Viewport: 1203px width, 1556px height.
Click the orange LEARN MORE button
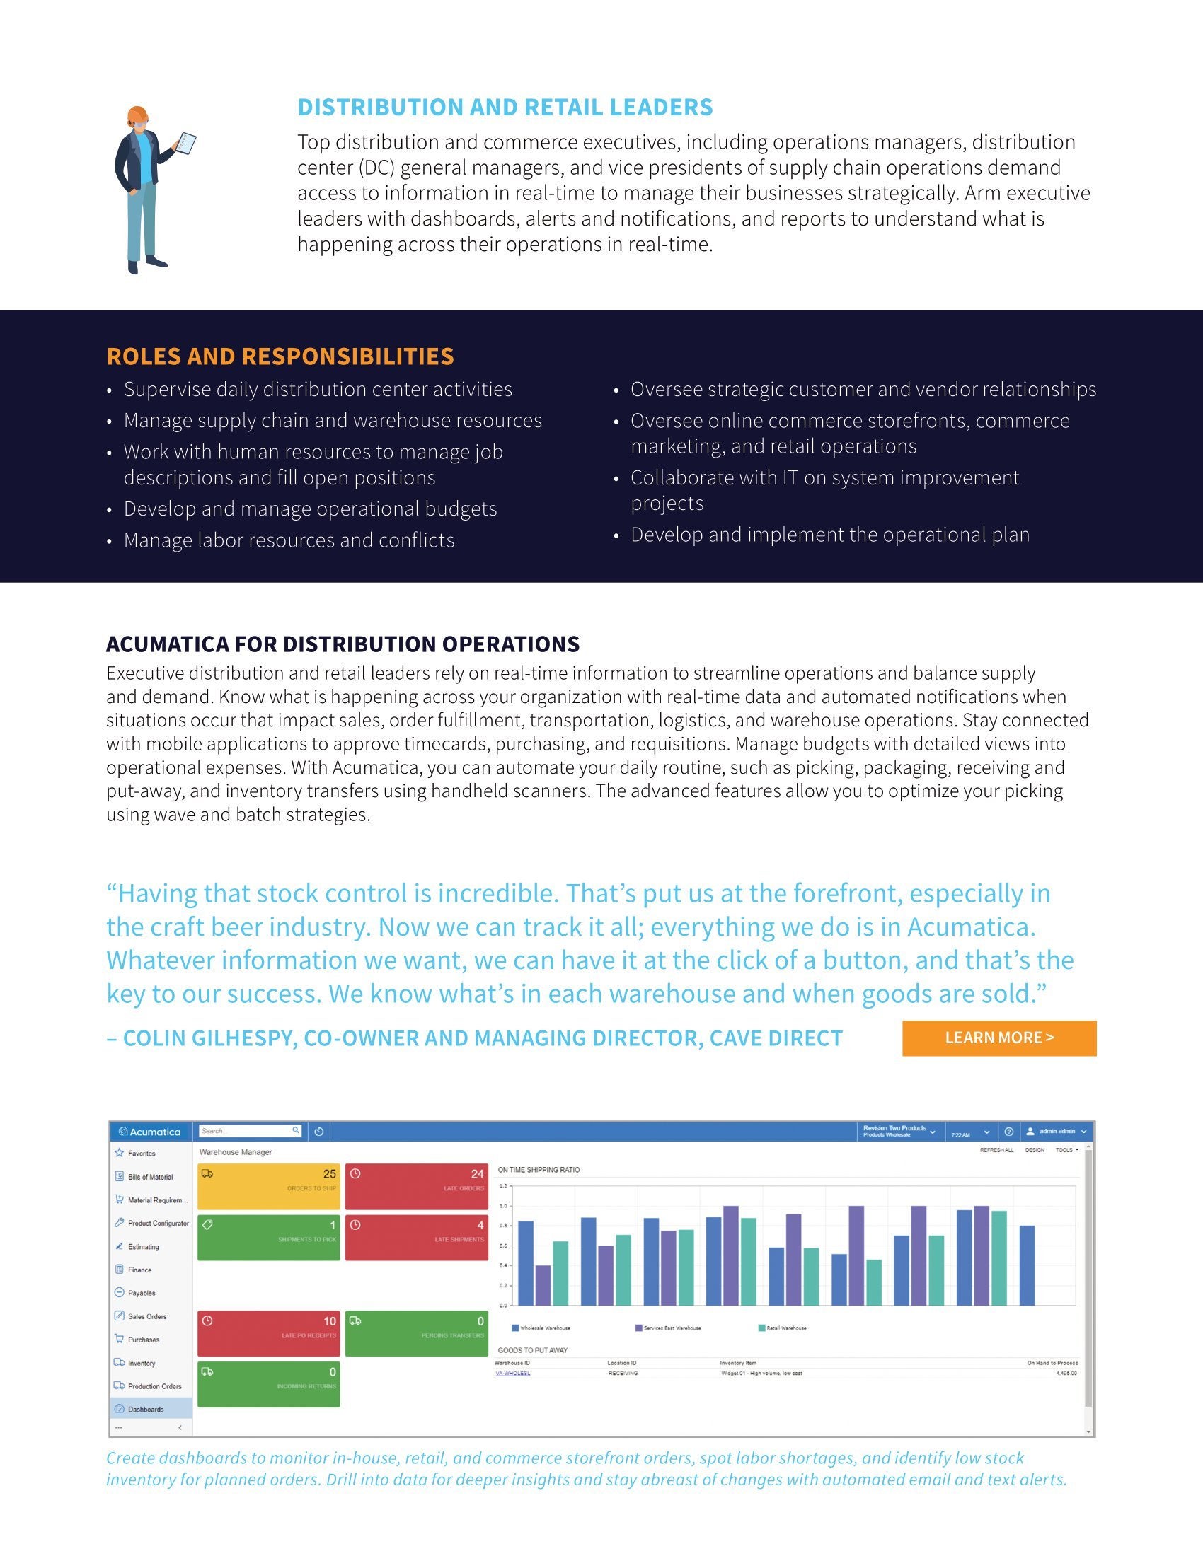click(x=998, y=1038)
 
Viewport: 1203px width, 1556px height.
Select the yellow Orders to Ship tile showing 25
click(x=269, y=1186)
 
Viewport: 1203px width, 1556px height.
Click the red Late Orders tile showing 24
click(x=416, y=1186)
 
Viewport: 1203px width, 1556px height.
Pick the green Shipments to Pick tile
click(x=269, y=1238)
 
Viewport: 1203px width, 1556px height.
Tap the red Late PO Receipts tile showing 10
click(x=269, y=1333)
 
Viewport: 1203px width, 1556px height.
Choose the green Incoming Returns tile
click(x=269, y=1384)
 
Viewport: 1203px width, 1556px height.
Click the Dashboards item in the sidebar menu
click(x=145, y=1409)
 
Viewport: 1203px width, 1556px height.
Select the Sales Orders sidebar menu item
click(x=146, y=1316)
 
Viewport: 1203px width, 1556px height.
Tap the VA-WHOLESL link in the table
click(x=512, y=1373)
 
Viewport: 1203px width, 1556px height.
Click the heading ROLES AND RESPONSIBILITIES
click(x=280, y=356)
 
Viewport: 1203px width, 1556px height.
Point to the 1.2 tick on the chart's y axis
click(x=503, y=1186)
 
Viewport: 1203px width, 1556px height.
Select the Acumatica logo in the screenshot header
click(x=150, y=1132)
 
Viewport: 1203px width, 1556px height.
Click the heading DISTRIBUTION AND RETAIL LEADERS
click(x=505, y=107)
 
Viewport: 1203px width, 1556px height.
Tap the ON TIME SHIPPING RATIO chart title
click(x=539, y=1170)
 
